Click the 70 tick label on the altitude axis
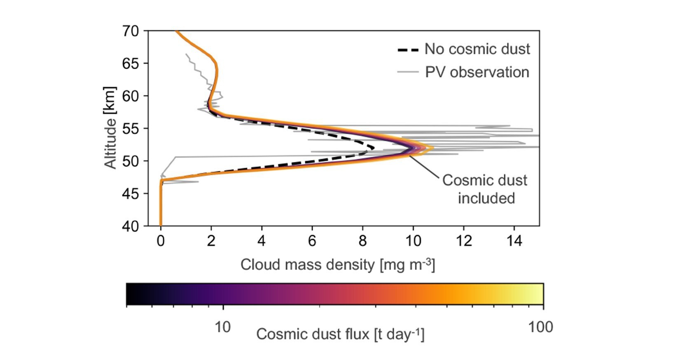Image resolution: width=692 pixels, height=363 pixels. point(131,31)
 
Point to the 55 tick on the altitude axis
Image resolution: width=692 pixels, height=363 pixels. point(131,128)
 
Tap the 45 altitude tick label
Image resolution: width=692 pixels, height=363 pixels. point(131,193)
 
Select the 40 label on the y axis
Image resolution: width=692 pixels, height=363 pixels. point(131,226)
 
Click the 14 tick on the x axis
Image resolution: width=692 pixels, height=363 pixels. point(514,241)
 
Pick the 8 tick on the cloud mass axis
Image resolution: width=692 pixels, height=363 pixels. point(362,241)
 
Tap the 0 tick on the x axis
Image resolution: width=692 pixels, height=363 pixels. point(161,241)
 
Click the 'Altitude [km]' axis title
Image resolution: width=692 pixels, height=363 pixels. point(110,128)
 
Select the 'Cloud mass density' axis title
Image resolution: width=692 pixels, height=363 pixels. point(337,265)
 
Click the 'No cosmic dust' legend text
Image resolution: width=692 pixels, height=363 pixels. point(477,49)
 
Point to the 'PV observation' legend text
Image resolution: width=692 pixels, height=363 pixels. point(477,72)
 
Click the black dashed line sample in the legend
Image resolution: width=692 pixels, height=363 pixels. point(408,50)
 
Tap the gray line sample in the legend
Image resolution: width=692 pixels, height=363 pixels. point(408,72)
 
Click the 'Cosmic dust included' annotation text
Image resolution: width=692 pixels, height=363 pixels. point(485,189)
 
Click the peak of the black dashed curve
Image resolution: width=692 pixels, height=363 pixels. point(373,147)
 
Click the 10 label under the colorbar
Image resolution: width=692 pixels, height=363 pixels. point(222,327)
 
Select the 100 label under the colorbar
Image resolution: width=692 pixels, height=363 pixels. point(540,327)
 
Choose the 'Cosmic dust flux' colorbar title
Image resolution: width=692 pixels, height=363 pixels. point(340,334)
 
